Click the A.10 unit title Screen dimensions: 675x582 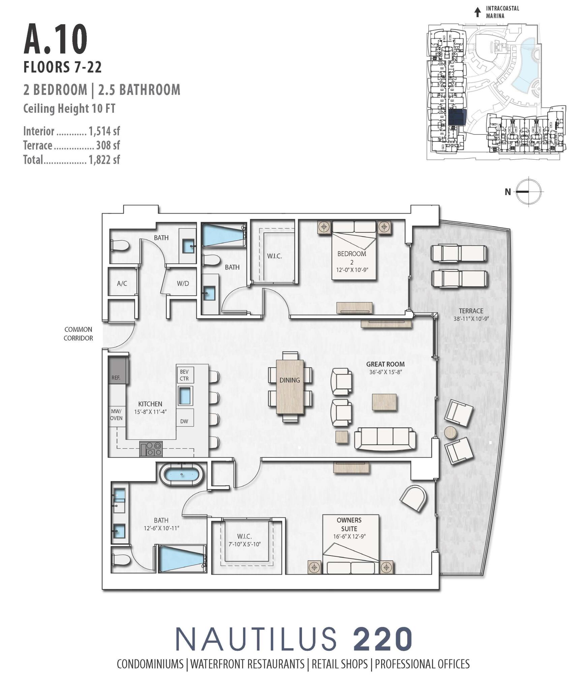coord(56,39)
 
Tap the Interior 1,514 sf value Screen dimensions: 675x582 coord(104,131)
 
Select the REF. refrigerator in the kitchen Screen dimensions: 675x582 coord(118,370)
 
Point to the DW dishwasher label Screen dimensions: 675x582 coord(184,421)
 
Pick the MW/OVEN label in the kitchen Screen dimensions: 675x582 coord(117,414)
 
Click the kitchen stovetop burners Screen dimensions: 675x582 coord(151,449)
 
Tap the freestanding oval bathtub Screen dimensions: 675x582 coord(182,474)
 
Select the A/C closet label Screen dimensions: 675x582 coord(122,283)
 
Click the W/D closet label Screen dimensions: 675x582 coord(183,283)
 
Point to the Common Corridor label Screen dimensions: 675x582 coord(78,333)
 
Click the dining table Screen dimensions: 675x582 coord(290,386)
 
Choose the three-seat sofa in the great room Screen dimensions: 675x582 coord(385,438)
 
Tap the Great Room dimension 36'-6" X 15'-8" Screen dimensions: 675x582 coord(386,372)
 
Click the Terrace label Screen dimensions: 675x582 coord(471,311)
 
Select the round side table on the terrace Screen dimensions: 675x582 coord(451,432)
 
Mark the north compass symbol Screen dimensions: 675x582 coord(529,191)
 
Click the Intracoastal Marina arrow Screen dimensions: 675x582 coord(477,12)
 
